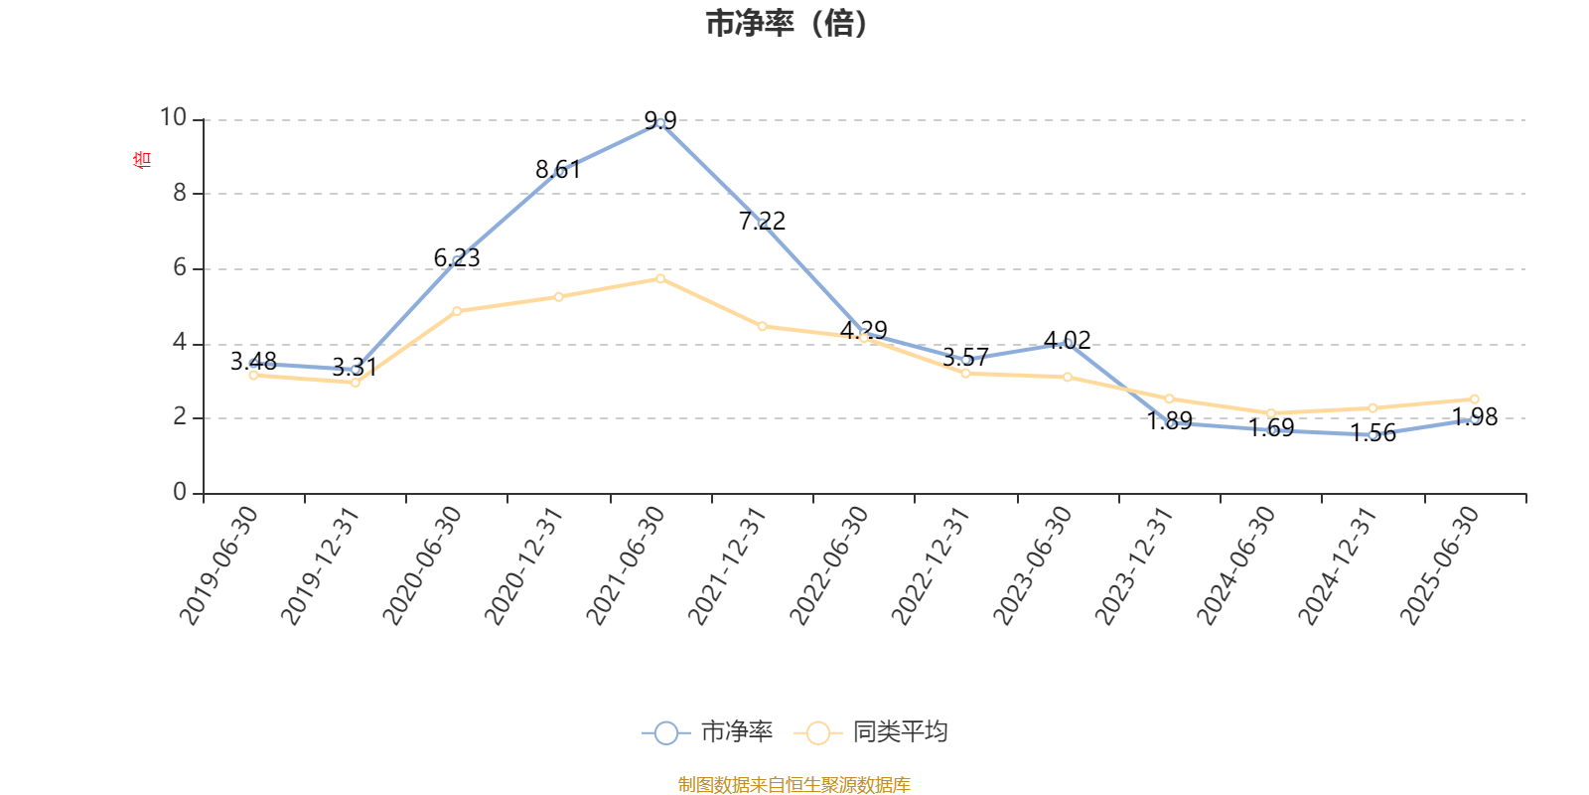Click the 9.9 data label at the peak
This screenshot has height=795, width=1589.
(660, 121)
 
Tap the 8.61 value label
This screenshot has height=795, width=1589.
(557, 170)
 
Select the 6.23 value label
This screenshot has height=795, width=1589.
(457, 258)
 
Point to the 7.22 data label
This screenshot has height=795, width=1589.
(762, 221)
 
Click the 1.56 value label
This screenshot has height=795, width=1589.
(1372, 433)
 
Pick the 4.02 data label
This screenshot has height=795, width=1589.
(1068, 340)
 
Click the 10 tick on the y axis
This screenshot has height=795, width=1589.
(174, 118)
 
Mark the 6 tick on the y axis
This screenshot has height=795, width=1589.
(180, 267)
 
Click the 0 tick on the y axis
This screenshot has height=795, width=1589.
(180, 492)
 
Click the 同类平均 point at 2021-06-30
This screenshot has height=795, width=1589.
(660, 278)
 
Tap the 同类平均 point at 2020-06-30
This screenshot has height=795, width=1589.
(457, 311)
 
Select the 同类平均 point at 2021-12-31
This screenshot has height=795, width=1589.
(762, 326)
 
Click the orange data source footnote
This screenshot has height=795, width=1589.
(794, 785)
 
